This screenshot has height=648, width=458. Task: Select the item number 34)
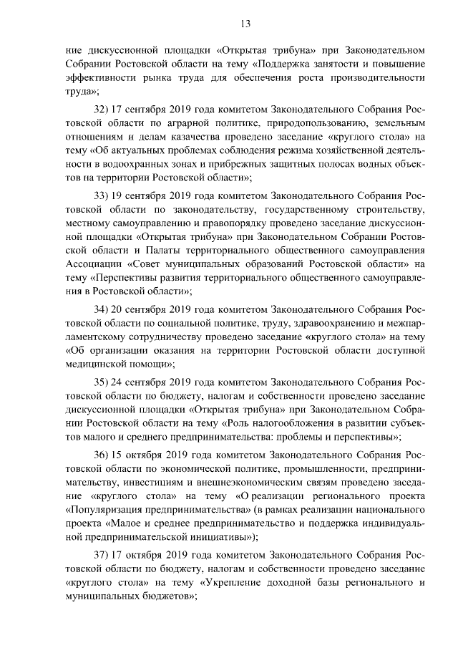click(x=103, y=310)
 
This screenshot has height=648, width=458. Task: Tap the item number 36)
click(x=103, y=455)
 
